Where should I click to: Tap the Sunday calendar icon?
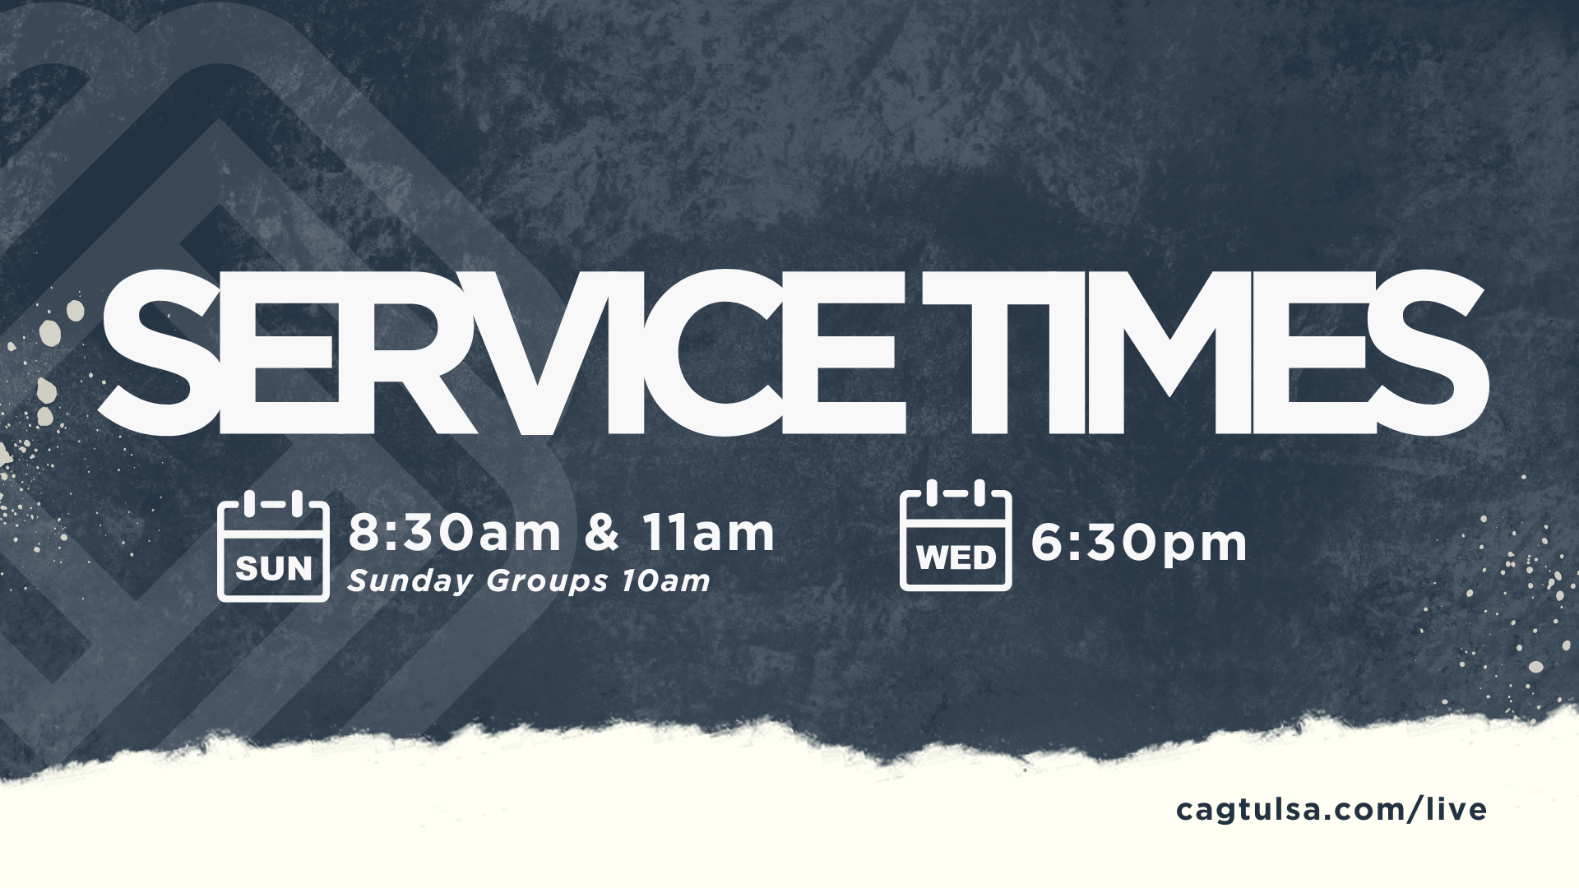tap(273, 547)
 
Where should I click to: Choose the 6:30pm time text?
tap(1139, 543)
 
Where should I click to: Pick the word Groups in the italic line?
tap(548, 581)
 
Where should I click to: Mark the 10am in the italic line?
tap(665, 580)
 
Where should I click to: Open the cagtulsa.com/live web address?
tap(1331, 810)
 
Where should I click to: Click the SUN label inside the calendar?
tap(274, 568)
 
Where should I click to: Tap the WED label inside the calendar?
tap(956, 558)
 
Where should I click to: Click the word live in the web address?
tap(1457, 809)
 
